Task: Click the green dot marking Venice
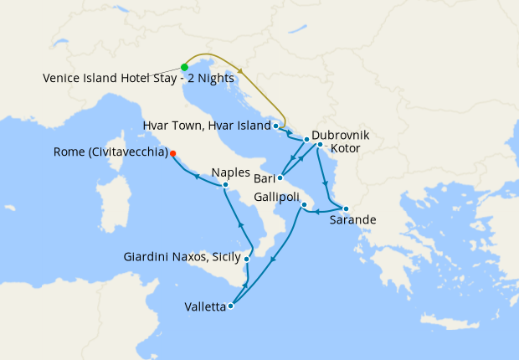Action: [184, 67]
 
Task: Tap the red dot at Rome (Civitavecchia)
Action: [172, 153]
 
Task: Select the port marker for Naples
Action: [226, 184]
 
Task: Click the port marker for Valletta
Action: [230, 306]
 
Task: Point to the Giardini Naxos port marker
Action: [246, 260]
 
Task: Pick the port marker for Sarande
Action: [346, 208]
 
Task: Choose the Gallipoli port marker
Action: [306, 205]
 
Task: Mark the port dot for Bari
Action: [280, 177]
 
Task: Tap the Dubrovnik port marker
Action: [307, 139]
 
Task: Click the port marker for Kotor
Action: [320, 145]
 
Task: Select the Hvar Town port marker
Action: [275, 126]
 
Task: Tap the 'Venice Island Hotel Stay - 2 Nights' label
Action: [138, 78]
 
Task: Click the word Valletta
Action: [205, 307]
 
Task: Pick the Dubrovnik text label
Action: [340, 135]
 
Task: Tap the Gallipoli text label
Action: [278, 195]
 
